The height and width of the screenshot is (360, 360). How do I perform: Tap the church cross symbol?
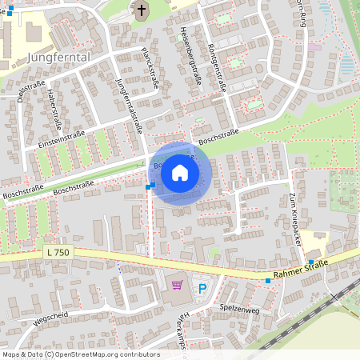pyautogui.click(x=141, y=11)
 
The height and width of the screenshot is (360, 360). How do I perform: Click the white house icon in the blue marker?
pyautogui.click(x=180, y=172)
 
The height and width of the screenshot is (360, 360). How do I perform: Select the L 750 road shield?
pyautogui.click(x=58, y=253)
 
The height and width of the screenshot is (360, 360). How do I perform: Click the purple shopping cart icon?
pyautogui.click(x=178, y=283)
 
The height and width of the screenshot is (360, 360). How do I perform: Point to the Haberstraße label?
pyautogui.click(x=55, y=108)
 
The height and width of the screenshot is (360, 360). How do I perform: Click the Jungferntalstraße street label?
pyautogui.click(x=129, y=104)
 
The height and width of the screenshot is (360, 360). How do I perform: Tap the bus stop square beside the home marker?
pyautogui.click(x=150, y=186)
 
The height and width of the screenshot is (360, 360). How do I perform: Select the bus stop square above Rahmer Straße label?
pyautogui.click(x=310, y=262)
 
